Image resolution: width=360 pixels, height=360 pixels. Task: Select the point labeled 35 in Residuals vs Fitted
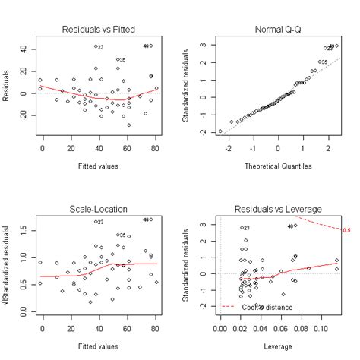pos(118,59)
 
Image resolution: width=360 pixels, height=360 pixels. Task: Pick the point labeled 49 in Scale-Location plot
pos(151,220)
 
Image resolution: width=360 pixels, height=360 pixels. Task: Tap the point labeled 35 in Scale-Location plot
pos(118,235)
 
